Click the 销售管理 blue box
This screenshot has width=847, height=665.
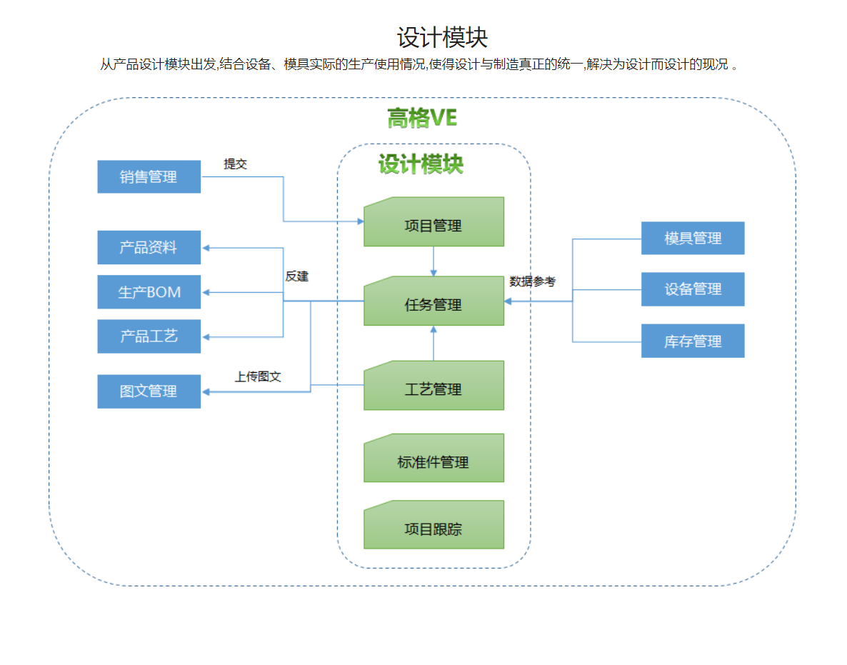tap(149, 176)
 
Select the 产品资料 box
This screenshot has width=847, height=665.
tap(149, 248)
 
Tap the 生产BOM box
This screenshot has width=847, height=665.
tap(149, 292)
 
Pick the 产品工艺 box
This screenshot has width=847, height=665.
tap(149, 336)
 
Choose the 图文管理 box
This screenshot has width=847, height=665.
tap(149, 391)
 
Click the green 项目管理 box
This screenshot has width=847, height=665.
tap(433, 226)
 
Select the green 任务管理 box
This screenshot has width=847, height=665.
tap(433, 305)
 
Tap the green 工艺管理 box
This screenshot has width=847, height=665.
tap(433, 389)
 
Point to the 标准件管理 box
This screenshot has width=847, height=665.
tap(433, 462)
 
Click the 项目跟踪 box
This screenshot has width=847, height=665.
tap(433, 529)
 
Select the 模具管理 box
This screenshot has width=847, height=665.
tap(693, 239)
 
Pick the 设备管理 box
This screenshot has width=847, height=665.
tap(693, 289)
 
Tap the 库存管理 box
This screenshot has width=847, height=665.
tap(693, 341)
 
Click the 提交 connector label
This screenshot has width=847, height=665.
tap(235, 164)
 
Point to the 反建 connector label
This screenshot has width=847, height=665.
tap(297, 276)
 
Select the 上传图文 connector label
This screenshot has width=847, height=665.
tap(258, 376)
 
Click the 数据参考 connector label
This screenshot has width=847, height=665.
tap(532, 281)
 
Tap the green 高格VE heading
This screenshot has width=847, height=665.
tap(422, 118)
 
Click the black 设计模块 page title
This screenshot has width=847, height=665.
tap(442, 37)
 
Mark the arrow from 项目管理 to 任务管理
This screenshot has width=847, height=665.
tap(433, 261)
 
